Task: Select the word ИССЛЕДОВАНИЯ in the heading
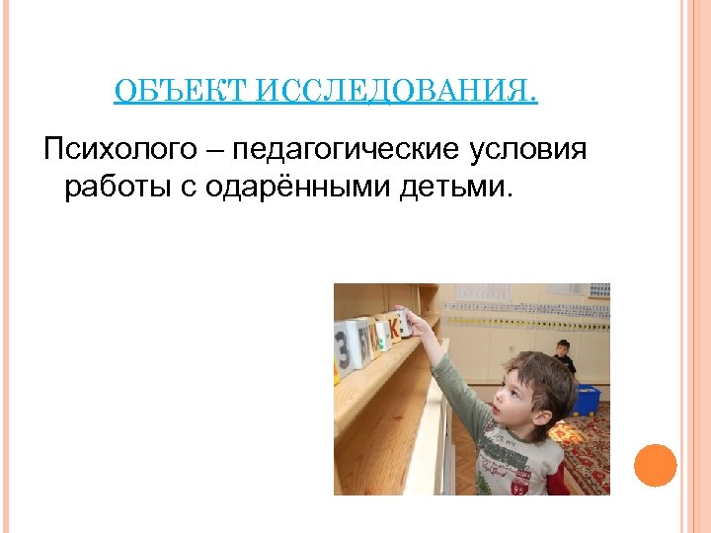coord(396,93)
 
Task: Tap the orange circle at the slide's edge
coord(655,465)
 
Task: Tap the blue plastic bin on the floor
coord(588,399)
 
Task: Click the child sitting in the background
coord(563,354)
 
